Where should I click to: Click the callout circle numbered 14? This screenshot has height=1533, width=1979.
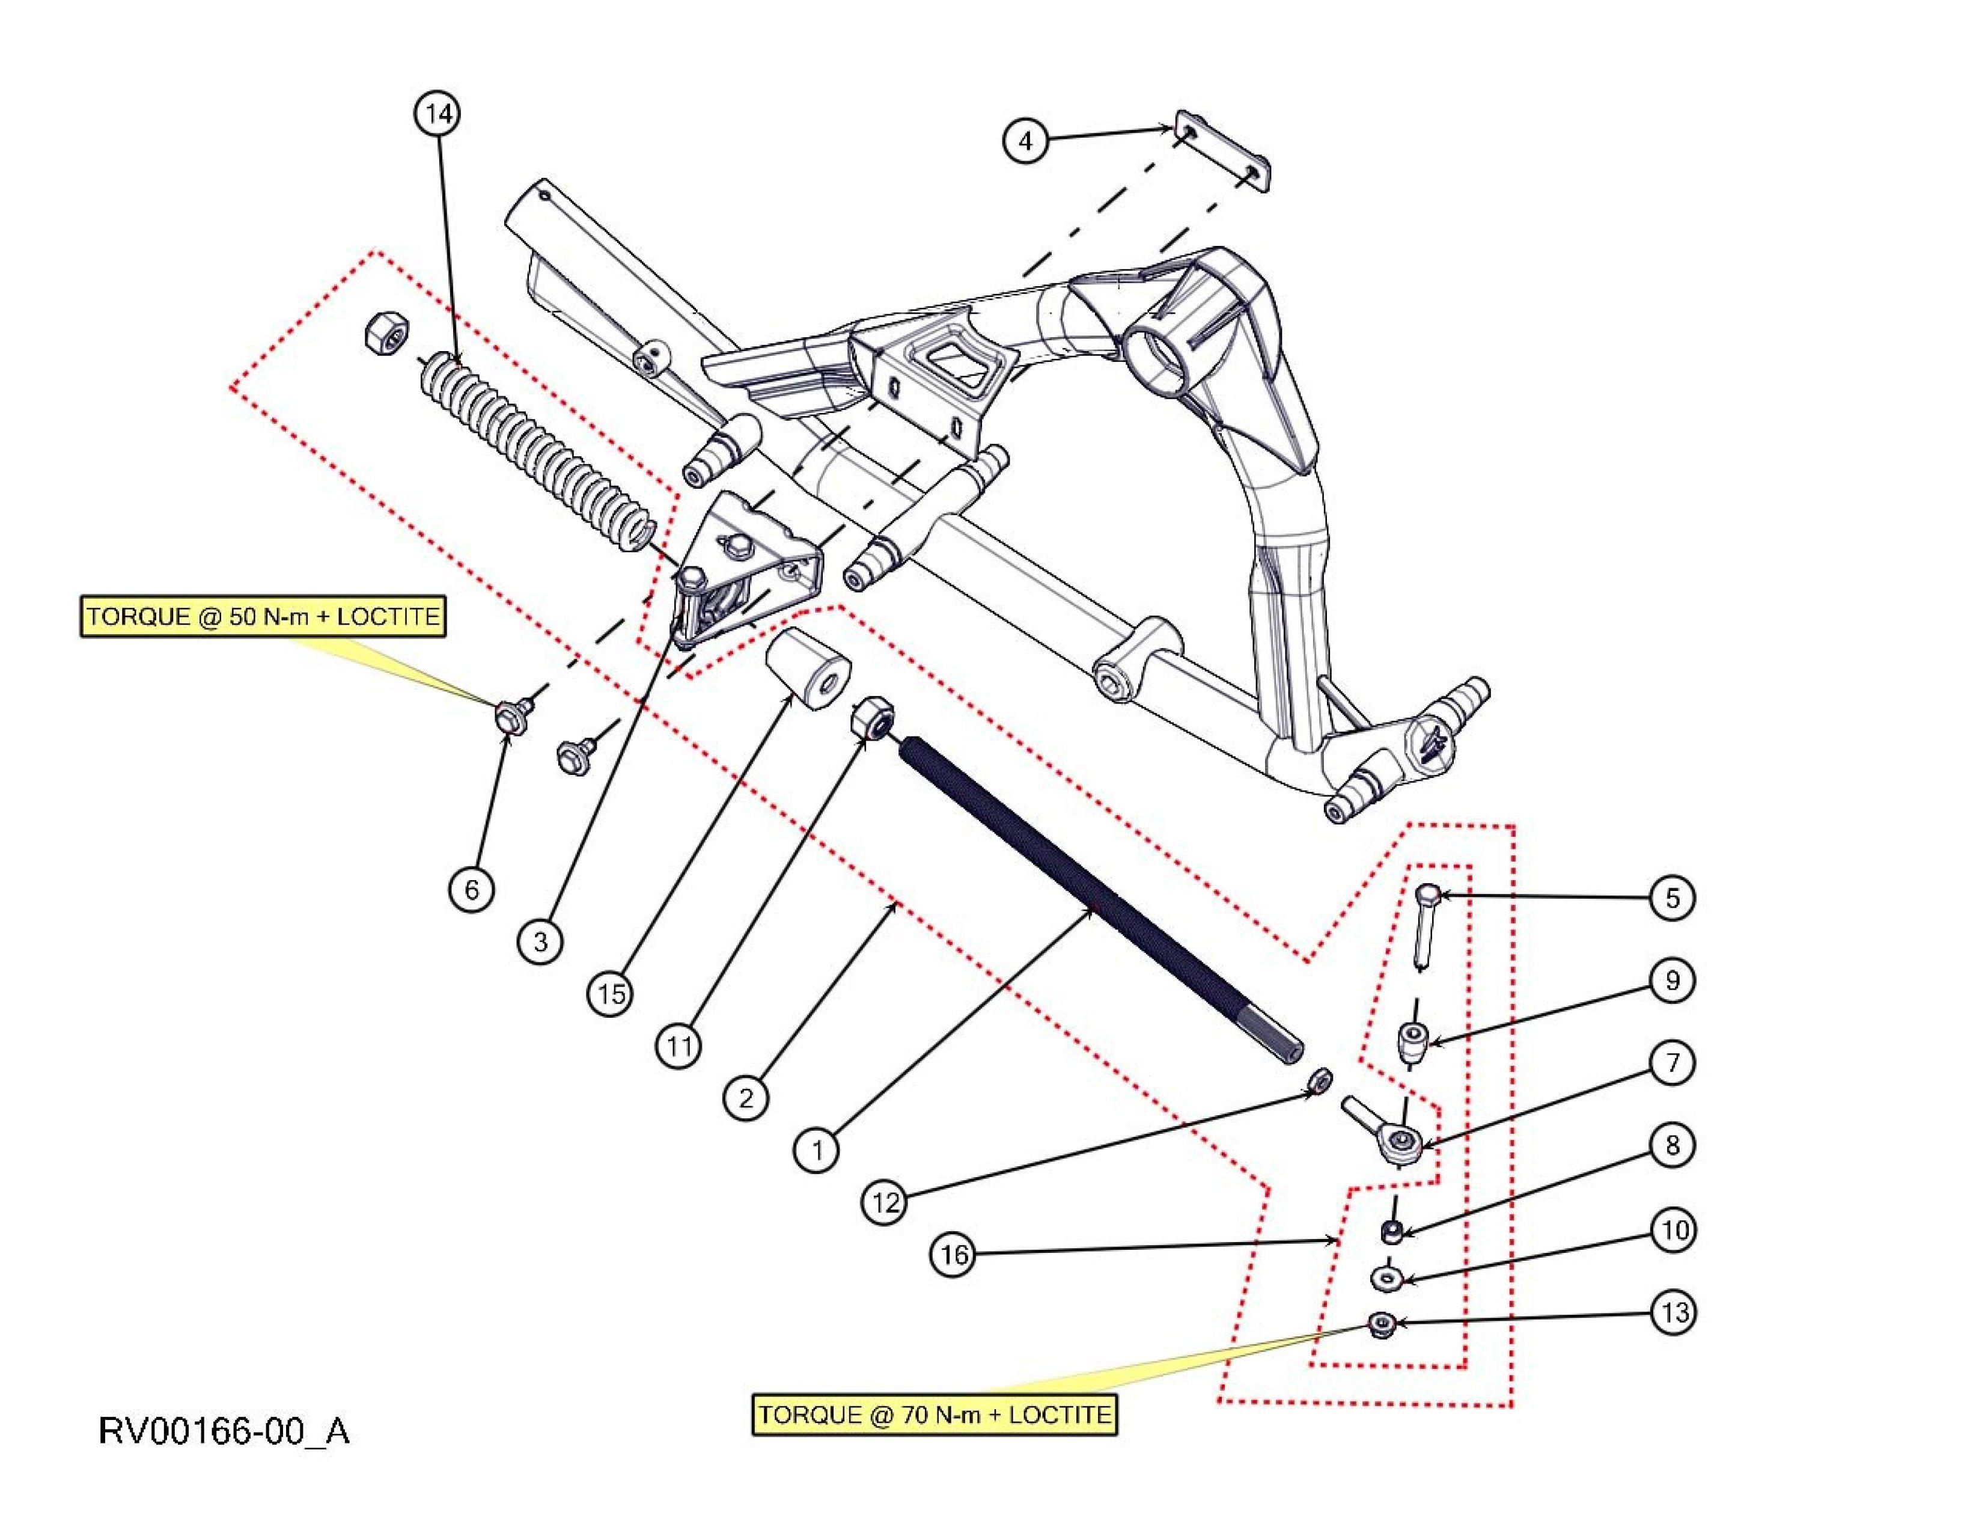(x=438, y=114)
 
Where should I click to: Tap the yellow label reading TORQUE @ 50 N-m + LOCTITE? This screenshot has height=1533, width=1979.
(x=263, y=617)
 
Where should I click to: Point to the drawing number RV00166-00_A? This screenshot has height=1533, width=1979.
(x=224, y=1431)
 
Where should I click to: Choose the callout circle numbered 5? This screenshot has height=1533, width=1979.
(x=1673, y=898)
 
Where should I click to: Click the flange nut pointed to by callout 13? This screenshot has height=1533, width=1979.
(x=1382, y=1327)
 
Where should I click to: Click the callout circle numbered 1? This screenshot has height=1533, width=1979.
(x=817, y=1151)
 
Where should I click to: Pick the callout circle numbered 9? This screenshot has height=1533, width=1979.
(x=1673, y=980)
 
